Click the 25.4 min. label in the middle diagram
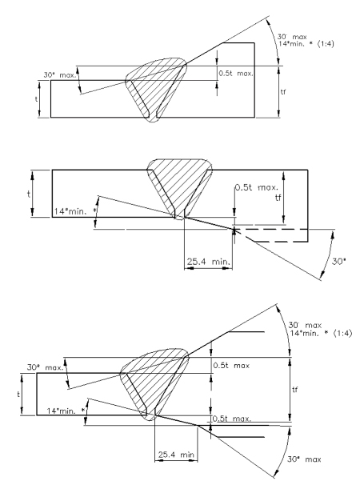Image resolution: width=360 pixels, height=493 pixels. (209, 261)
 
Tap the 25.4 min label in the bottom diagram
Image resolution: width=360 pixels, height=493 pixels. (176, 455)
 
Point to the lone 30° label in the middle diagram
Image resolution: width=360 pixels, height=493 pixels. (338, 261)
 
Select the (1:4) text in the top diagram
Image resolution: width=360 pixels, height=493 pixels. (326, 44)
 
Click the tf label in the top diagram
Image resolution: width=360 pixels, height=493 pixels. (283, 92)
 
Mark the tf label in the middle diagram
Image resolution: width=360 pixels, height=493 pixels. (278, 198)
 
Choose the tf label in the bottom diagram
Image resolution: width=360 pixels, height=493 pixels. (294, 390)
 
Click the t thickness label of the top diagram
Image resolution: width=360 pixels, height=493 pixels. (36, 98)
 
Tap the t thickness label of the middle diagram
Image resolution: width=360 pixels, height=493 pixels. (29, 194)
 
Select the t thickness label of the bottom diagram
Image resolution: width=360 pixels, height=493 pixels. (18, 394)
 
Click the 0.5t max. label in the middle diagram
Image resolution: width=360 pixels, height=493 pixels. (257, 187)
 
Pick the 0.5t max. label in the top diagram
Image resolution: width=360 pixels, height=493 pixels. (236, 74)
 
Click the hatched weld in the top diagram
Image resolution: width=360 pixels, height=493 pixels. (156, 88)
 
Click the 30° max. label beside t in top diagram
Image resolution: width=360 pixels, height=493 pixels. (60, 75)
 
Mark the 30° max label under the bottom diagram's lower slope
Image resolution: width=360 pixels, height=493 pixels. (304, 459)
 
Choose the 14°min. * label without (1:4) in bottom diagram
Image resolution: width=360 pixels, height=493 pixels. (66, 411)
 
